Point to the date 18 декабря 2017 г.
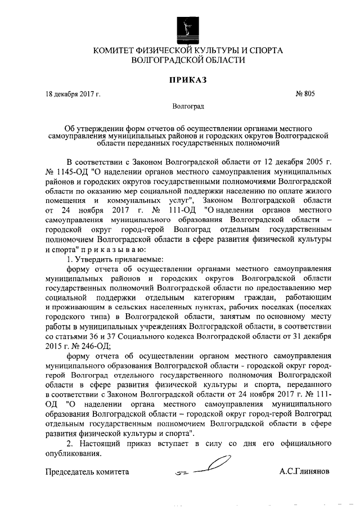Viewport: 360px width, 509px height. pos(73,94)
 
